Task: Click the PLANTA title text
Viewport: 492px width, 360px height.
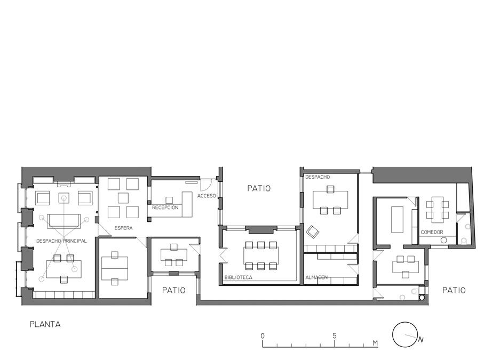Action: click(x=45, y=324)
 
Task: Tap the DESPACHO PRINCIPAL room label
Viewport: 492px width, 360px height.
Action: click(x=61, y=241)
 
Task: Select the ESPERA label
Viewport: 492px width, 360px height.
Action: click(x=123, y=228)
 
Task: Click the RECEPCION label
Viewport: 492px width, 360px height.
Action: click(x=165, y=207)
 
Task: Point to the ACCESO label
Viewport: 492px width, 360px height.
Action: click(x=207, y=196)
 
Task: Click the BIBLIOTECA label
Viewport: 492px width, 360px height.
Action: click(x=238, y=277)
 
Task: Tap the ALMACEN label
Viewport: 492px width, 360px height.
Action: click(x=316, y=277)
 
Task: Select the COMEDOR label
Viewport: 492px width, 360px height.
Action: click(x=432, y=233)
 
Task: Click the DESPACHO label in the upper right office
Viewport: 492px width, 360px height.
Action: click(x=318, y=177)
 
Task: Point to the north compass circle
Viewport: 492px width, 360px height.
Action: click(x=405, y=334)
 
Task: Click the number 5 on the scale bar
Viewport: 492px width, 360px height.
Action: click(x=335, y=336)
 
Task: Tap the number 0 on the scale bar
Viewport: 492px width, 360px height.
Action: click(x=263, y=336)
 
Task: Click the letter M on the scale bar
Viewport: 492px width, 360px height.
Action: click(x=375, y=343)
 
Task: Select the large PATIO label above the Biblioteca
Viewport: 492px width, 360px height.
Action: click(x=259, y=188)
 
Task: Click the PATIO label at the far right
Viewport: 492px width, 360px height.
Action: click(x=454, y=290)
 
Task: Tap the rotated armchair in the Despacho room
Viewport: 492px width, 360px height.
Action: click(x=313, y=232)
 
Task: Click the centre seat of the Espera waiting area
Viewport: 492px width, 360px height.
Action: click(x=123, y=198)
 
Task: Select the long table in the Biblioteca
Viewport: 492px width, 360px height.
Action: click(x=261, y=255)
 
